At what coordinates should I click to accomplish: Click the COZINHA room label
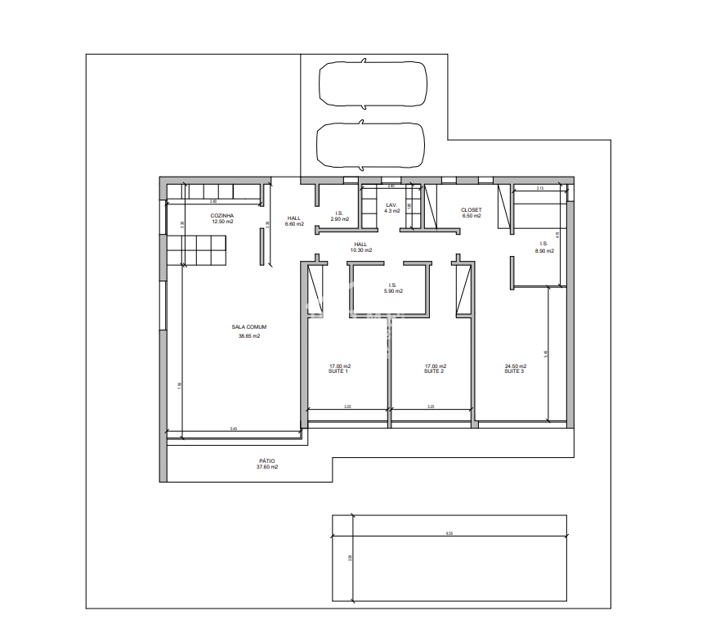[x=222, y=215]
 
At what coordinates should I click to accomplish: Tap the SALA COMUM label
[x=249, y=327]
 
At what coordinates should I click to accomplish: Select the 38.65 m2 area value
[x=249, y=336]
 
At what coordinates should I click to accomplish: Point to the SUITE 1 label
[x=339, y=371]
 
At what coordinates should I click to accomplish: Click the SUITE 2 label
[x=435, y=371]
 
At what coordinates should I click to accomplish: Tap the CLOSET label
[x=472, y=210]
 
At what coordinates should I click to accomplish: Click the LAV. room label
[x=391, y=204]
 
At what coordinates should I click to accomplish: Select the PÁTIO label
[x=267, y=460]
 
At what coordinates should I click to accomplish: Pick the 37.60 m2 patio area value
[x=267, y=467]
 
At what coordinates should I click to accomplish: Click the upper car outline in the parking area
[x=372, y=83]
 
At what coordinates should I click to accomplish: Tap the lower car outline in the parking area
[x=370, y=145]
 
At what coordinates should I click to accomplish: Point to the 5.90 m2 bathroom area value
[x=393, y=291]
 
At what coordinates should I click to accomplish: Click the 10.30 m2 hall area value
[x=361, y=250]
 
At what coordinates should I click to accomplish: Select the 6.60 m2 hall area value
[x=294, y=224]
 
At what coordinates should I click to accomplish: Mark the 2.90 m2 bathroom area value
[x=339, y=219]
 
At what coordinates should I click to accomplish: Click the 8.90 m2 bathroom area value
[x=544, y=251]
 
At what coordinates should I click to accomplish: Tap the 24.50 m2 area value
[x=516, y=366]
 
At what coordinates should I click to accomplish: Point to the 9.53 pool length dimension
[x=449, y=533]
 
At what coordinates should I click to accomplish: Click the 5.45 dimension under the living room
[x=234, y=429]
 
